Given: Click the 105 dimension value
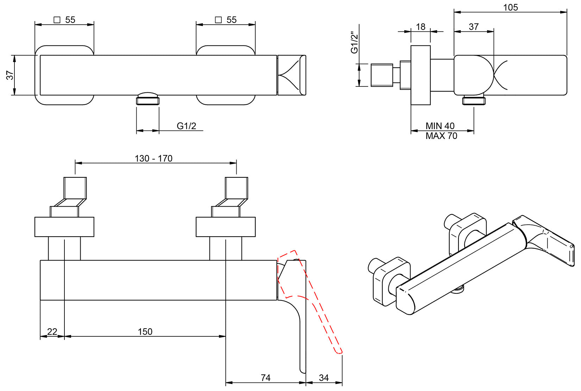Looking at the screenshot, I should point(510,7).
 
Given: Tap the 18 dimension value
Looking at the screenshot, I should point(420,27).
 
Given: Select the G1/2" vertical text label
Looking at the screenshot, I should point(354,43).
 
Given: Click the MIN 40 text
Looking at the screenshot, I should point(440,126).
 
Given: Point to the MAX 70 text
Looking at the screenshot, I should point(441,136).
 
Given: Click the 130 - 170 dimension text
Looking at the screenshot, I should point(154,158).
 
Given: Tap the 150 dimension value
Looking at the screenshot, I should point(145,332).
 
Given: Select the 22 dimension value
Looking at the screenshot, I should point(52,332).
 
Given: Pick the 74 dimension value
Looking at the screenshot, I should point(265,378).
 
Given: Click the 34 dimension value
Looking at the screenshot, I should point(324,378).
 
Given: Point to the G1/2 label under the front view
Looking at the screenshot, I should point(186,126).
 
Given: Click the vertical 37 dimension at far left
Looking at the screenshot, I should point(10,75).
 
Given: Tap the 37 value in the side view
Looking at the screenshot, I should point(474,27).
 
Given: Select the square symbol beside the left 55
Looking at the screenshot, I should point(57,20).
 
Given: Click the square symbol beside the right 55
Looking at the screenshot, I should point(218,20).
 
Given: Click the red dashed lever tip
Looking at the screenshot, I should point(339,350).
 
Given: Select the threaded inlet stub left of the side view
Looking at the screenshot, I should point(382,75).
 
